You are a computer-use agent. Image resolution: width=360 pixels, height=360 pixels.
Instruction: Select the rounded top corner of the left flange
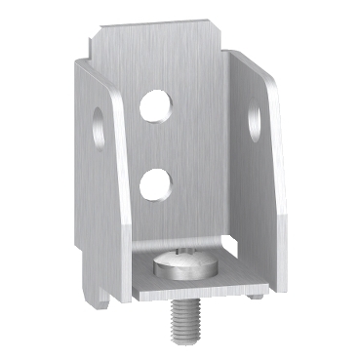[x=82, y=60]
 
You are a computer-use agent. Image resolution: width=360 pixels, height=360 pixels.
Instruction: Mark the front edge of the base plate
[x=200, y=293]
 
